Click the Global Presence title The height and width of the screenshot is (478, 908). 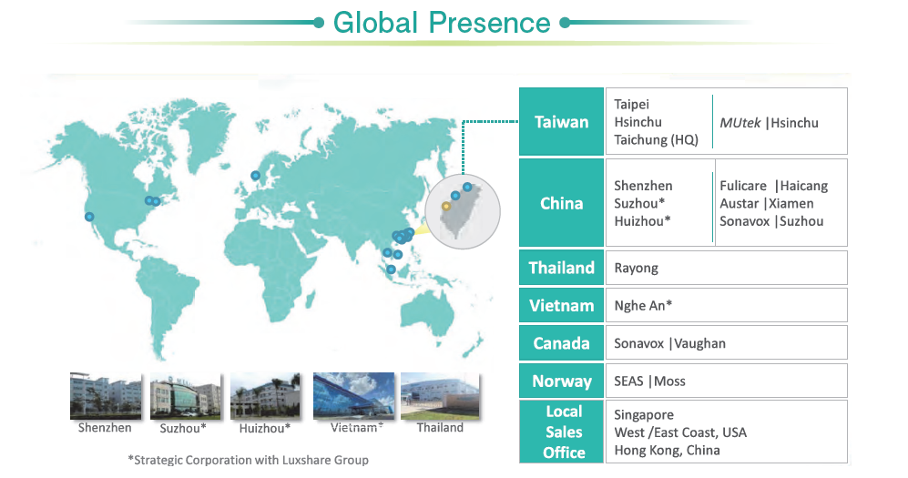point(442,23)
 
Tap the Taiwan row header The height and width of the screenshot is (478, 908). point(561,121)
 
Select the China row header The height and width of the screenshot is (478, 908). point(561,203)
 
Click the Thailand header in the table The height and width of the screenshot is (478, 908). point(561,268)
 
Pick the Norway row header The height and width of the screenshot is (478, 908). point(561,381)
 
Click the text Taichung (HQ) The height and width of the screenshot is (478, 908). point(656,140)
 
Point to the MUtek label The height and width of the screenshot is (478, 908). point(740,123)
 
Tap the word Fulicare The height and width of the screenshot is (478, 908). point(743,186)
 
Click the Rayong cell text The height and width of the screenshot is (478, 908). point(636,269)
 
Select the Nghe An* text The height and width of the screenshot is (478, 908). point(643,306)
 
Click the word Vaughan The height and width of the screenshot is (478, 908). point(699,344)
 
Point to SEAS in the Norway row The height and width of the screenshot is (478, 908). point(628,381)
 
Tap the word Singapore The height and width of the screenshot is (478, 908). point(643,415)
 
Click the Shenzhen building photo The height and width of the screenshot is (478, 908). point(106,396)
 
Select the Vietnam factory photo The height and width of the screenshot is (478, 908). point(353,396)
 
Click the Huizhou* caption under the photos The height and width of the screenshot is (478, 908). point(265,428)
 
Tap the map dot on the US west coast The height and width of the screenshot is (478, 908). point(89,217)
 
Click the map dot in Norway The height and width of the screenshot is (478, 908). point(255,176)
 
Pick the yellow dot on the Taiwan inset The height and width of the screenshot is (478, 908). point(446,206)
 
